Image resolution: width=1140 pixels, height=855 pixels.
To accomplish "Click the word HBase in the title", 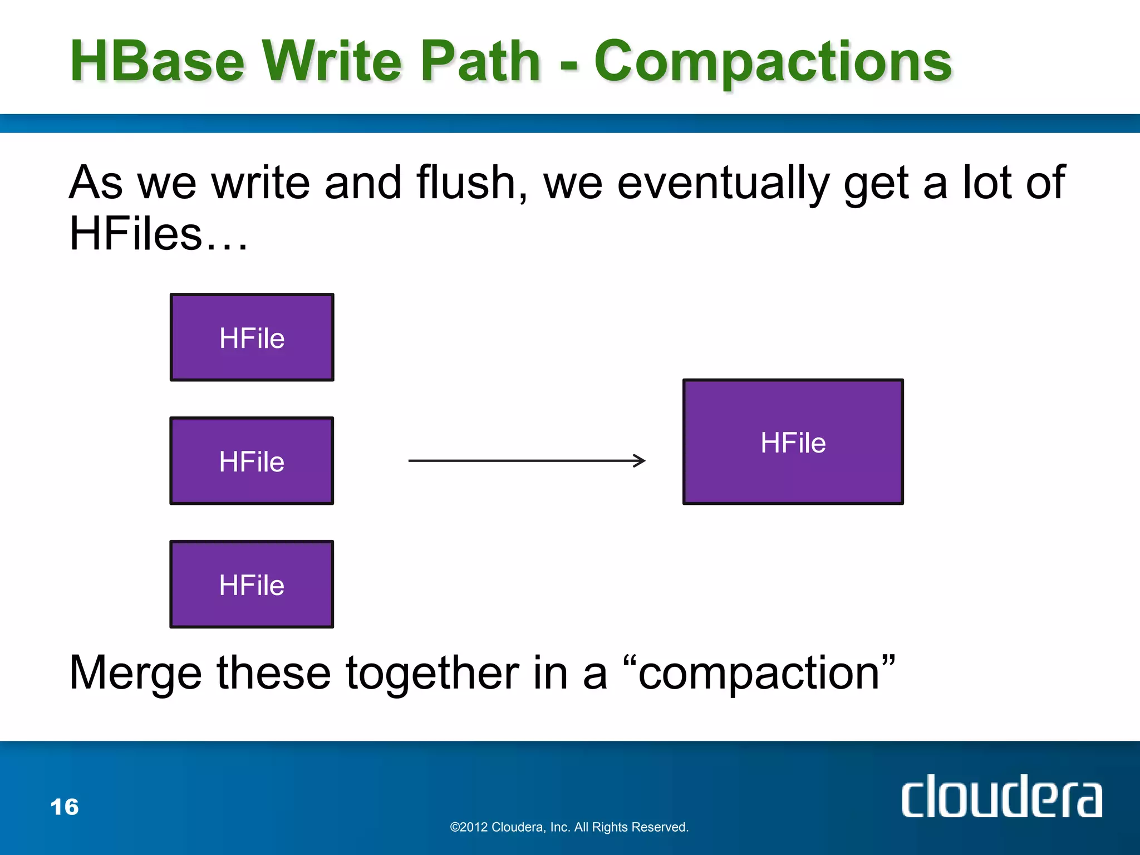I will click(158, 61).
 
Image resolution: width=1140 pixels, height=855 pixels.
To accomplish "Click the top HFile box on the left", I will click(252, 337).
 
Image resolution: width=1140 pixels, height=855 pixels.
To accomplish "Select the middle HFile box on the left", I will click(252, 461).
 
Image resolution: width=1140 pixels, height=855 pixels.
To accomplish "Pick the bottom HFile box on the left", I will click(252, 584).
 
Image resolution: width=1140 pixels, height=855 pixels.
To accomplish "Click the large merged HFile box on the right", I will click(793, 442).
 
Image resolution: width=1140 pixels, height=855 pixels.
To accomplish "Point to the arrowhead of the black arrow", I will click(641, 460).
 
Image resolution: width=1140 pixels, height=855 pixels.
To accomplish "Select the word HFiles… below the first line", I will click(158, 234).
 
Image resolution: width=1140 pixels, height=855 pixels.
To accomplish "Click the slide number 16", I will click(65, 807).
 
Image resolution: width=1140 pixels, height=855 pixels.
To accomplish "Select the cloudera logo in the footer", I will click(1001, 797).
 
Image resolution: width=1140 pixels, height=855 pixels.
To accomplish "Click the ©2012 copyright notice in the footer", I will click(569, 827).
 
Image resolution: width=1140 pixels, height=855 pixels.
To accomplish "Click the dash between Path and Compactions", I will click(568, 66).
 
